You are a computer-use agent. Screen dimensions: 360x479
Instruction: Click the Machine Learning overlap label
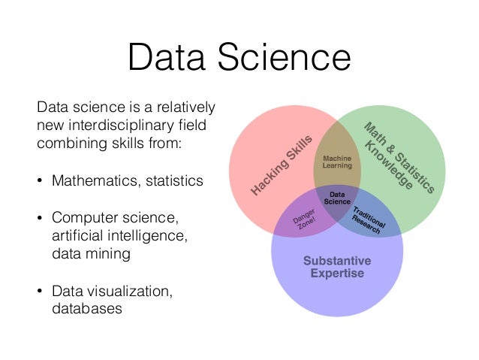337,162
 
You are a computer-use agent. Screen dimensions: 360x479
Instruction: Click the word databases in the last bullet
86,308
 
